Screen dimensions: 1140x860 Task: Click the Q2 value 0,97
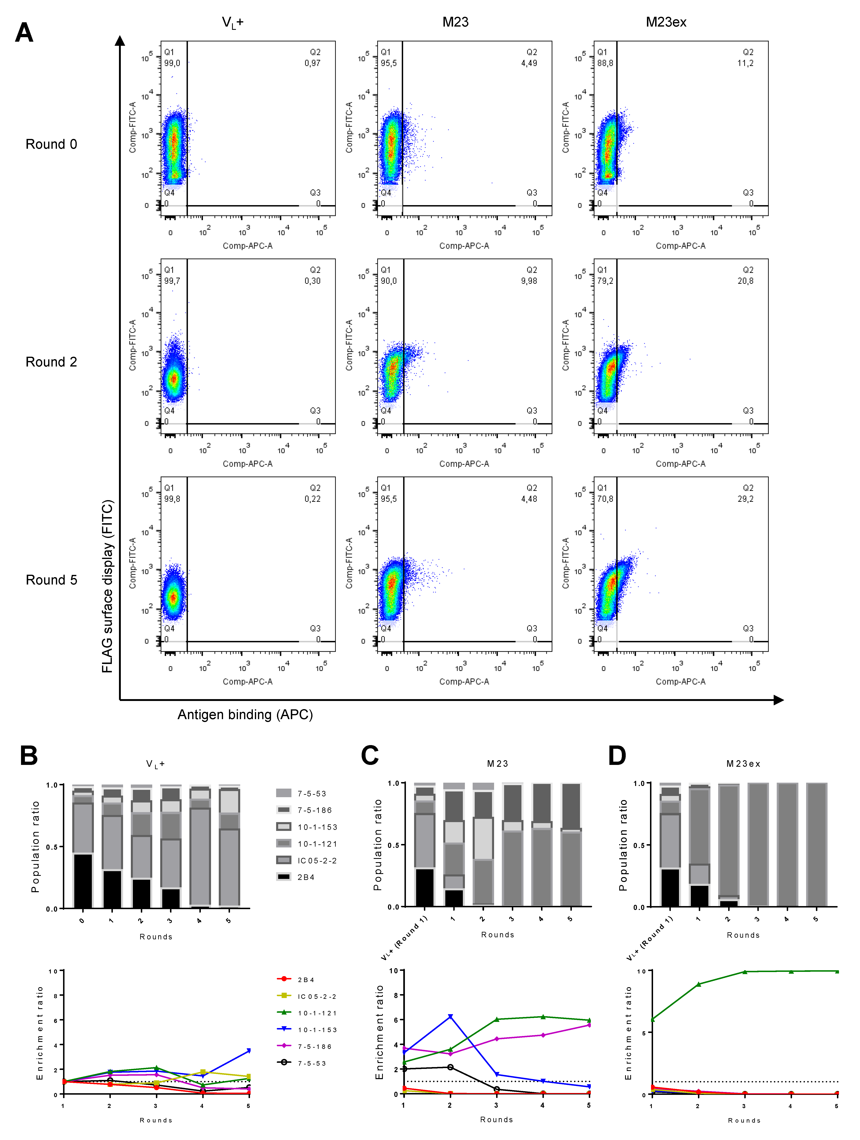(312, 63)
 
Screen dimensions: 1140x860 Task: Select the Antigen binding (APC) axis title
(245, 714)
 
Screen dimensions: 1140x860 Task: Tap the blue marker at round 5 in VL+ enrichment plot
(249, 1050)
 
